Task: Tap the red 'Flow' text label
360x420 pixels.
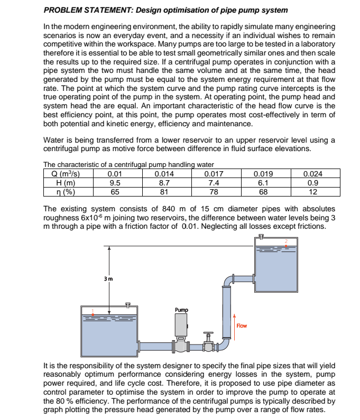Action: pyautogui.click(x=242, y=325)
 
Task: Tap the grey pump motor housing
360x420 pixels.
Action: pyautogui.click(x=181, y=324)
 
